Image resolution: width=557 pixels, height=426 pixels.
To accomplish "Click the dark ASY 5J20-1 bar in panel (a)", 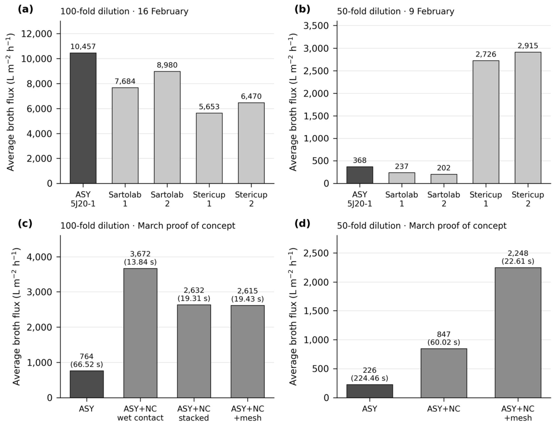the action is pyautogui.click(x=83, y=118).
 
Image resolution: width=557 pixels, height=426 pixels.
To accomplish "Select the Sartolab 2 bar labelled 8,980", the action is pyautogui.click(x=167, y=127).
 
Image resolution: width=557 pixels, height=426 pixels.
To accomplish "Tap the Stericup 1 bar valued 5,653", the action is pyautogui.click(x=209, y=148).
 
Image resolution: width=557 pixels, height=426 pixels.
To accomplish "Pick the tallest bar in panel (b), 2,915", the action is pyautogui.click(x=528, y=118).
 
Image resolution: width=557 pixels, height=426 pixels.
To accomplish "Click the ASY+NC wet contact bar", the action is pyautogui.click(x=140, y=333).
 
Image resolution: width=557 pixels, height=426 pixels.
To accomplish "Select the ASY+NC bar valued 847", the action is pyautogui.click(x=444, y=373).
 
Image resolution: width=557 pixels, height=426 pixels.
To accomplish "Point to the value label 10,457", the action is pyautogui.click(x=83, y=47).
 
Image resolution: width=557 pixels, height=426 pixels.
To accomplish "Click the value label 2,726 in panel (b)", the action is pyautogui.click(x=486, y=54).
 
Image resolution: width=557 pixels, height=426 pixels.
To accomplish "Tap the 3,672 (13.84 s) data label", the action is pyautogui.click(x=140, y=258).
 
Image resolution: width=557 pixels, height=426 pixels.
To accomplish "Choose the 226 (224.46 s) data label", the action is pyautogui.click(x=369, y=374).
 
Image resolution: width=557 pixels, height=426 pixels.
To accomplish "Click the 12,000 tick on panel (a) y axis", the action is pyautogui.click(x=36, y=34).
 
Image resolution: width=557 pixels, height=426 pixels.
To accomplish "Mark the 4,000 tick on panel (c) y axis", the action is pyautogui.click(x=39, y=257).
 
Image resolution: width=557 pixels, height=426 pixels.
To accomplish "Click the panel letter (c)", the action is pyautogui.click(x=25, y=224).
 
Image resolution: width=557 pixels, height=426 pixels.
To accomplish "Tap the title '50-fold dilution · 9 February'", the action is pyautogui.click(x=395, y=12).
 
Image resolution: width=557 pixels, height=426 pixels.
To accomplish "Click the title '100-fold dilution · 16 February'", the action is pyautogui.click(x=124, y=12).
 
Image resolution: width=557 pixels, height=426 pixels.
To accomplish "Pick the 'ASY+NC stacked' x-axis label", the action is pyautogui.click(x=194, y=413).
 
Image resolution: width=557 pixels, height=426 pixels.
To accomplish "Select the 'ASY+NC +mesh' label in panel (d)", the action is pyautogui.click(x=518, y=413).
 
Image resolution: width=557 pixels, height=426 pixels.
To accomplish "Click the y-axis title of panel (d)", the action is pyautogui.click(x=293, y=316).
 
